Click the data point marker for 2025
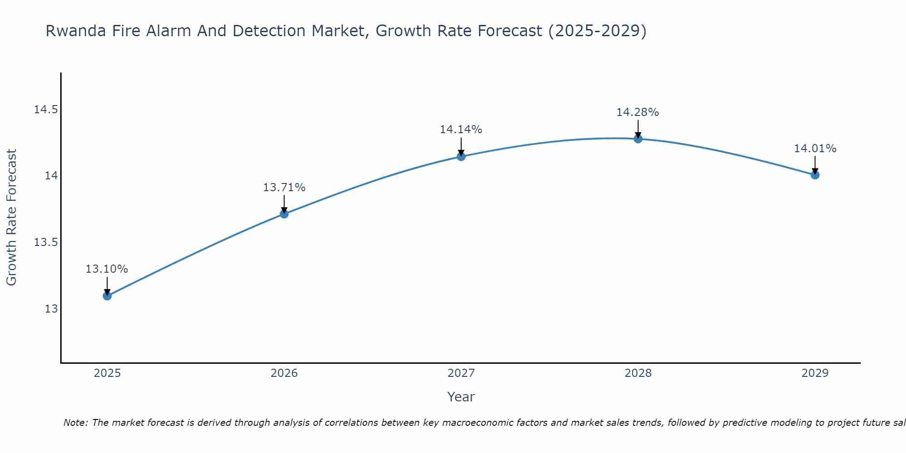pos(107,296)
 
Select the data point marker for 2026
pos(284,214)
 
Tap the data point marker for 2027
pos(461,157)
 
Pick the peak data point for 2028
pos(638,139)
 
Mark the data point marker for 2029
pos(815,175)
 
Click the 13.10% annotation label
pos(107,269)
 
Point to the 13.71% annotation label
pos(284,188)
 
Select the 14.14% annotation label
pos(461,130)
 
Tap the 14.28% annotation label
pos(637,112)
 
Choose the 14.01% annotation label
pos(815,149)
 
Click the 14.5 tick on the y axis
pos(46,110)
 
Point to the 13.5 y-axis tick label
pos(46,242)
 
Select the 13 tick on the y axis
pos(51,309)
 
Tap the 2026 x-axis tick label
pos(284,373)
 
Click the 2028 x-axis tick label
pos(638,373)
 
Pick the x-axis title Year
pos(461,397)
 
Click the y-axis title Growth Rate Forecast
pos(11,217)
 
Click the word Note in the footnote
pos(76,423)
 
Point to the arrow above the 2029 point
pos(815,165)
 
